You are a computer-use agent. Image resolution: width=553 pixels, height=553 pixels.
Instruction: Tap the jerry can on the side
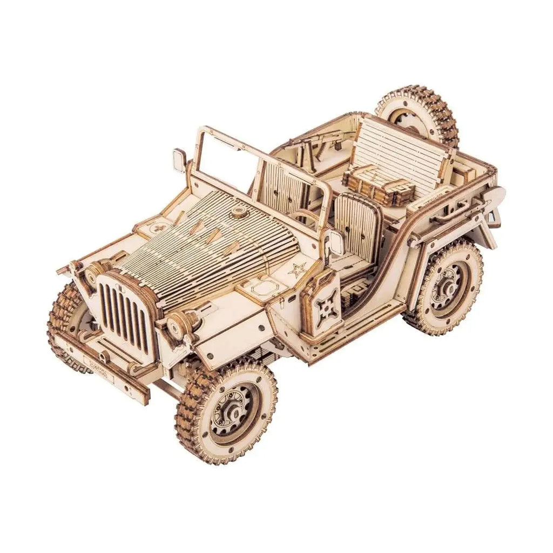pos(323,303)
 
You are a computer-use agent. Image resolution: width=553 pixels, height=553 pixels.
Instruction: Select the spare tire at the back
pos(416,115)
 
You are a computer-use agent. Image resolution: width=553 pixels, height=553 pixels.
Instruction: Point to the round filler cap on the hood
pos(237,214)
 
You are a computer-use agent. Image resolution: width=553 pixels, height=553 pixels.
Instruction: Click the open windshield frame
pos(227,157)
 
